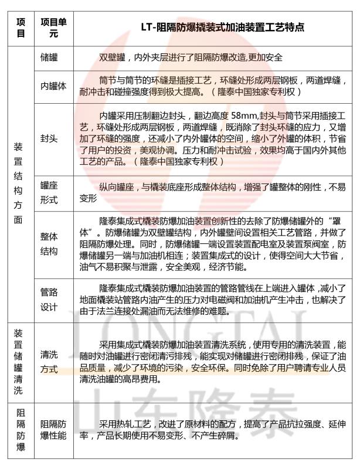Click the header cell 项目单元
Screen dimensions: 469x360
pos(53,28)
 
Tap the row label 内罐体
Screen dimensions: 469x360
pos(53,86)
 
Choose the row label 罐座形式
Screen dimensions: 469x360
pos(49,192)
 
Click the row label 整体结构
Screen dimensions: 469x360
pos(49,243)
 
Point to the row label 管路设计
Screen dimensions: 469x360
pos(49,298)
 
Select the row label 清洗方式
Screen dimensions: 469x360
pos(49,361)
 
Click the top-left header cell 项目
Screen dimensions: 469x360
pos(21,28)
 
